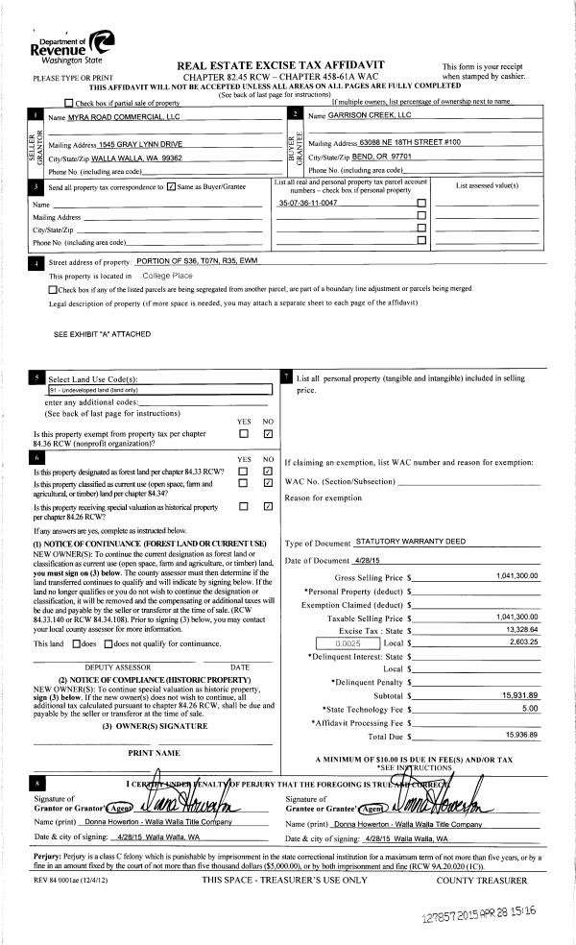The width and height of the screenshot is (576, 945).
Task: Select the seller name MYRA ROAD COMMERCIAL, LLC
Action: tap(108, 115)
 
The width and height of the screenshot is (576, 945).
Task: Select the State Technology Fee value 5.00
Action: tap(529, 709)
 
